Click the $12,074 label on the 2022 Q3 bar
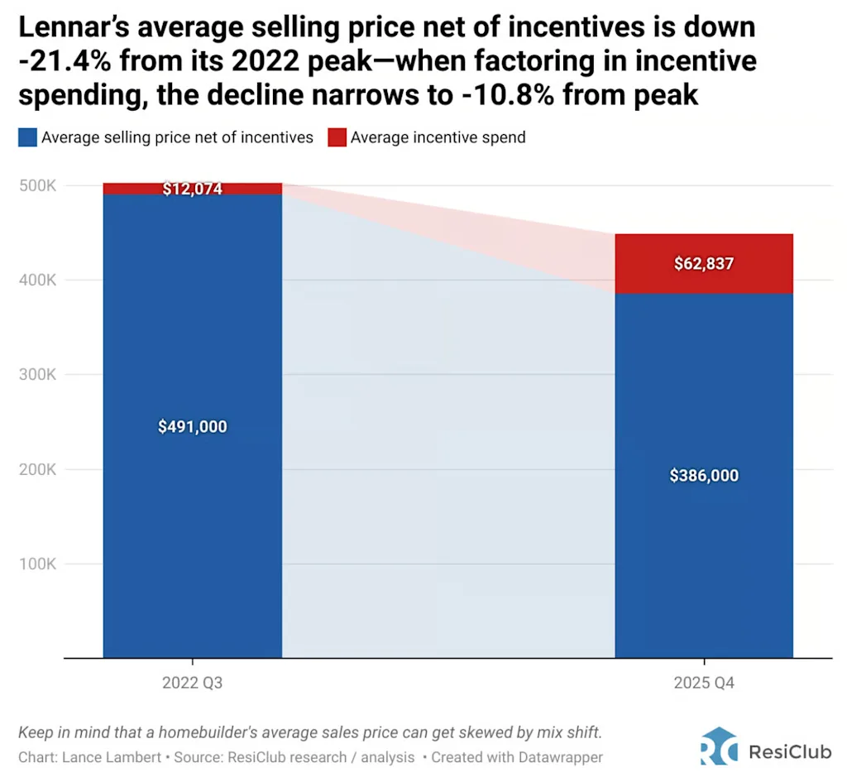click(192, 189)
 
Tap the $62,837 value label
click(704, 264)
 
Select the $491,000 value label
click(192, 427)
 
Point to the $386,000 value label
click(704, 476)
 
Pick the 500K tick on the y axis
click(38, 185)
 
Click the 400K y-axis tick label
click(38, 281)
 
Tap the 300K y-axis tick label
click(38, 375)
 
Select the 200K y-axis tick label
click(38, 470)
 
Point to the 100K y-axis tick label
click(38, 564)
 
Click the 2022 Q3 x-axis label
click(192, 684)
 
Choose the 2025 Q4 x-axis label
click(704, 684)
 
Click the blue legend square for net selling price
click(27, 137)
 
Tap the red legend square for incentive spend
click(336, 137)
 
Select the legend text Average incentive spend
click(438, 137)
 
